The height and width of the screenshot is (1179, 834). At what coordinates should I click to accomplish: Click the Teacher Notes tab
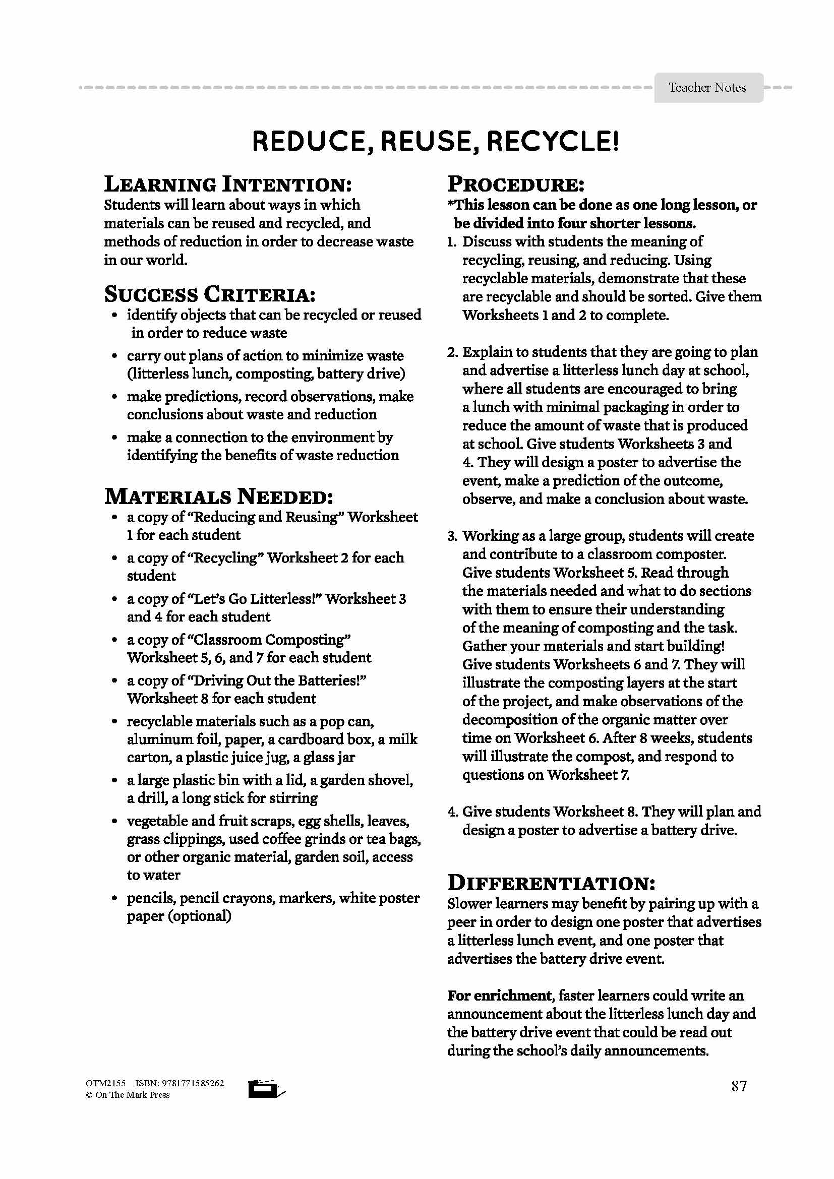coord(707,88)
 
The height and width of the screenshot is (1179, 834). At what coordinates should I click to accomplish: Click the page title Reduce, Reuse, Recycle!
coord(436,142)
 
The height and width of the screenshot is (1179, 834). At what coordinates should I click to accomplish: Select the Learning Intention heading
coord(228,184)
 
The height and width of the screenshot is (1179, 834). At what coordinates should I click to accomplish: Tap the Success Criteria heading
coord(210,294)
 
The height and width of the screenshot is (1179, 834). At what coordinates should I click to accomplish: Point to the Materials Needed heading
coord(219,497)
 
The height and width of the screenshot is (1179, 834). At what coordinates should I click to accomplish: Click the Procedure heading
coord(516,184)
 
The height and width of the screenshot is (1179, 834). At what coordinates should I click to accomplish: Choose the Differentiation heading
coord(551,883)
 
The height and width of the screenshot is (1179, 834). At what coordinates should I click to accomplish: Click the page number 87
coord(739,1086)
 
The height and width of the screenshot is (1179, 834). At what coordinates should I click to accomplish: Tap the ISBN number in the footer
coord(180,1083)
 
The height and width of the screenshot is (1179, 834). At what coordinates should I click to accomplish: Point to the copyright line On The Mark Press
coord(128,1094)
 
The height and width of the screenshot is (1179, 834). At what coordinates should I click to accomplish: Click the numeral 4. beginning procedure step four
coord(452,812)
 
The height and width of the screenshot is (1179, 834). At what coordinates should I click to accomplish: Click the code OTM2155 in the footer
coord(105,1083)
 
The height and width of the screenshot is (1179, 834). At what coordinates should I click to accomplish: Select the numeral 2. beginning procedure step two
coord(452,352)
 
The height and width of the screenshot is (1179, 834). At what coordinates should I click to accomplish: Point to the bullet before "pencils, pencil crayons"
coord(115,899)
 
